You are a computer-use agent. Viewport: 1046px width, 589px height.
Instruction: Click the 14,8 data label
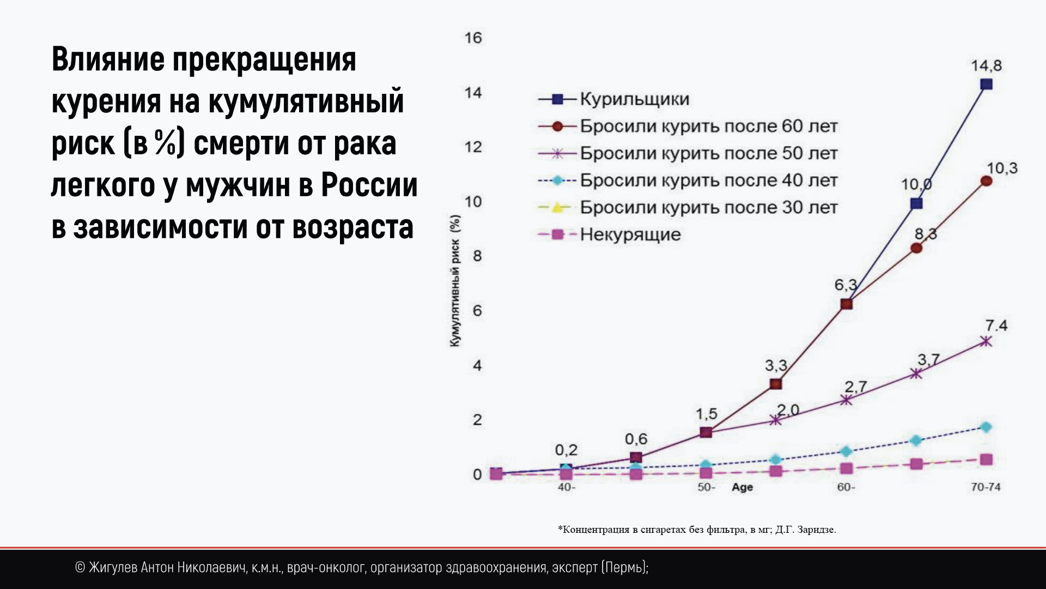tap(986, 66)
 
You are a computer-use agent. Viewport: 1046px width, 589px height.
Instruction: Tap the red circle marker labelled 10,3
tap(986, 181)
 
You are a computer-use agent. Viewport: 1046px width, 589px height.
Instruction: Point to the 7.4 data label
tap(996, 326)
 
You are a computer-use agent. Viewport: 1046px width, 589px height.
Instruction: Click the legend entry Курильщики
tap(635, 99)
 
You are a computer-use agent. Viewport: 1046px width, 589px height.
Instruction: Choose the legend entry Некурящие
tap(630, 235)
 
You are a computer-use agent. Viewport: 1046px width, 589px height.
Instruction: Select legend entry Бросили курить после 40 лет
tap(709, 181)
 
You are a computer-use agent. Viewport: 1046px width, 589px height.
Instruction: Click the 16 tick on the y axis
tap(473, 38)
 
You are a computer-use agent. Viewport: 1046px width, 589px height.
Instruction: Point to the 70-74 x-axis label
tap(986, 487)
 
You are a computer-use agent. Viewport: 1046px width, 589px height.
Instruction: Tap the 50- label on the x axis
tap(706, 487)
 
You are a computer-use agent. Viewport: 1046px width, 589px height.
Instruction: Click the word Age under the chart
tap(743, 488)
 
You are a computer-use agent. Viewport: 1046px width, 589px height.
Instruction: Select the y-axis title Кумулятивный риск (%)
tap(455, 281)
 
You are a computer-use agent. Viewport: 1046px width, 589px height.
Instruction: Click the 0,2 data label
tap(566, 450)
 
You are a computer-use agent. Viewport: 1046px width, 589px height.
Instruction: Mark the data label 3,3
tap(776, 365)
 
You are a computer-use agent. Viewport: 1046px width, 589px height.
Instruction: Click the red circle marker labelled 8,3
tap(916, 248)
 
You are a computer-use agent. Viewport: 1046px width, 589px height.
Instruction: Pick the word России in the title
tap(369, 185)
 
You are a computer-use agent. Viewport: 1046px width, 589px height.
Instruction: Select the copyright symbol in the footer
tap(80, 568)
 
